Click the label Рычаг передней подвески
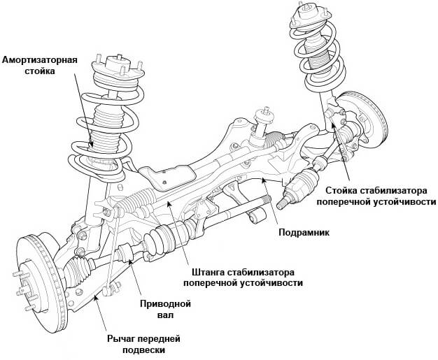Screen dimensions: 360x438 point(143,344)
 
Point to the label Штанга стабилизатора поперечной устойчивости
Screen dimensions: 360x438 point(243,277)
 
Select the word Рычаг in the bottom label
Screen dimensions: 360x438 point(121,338)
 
